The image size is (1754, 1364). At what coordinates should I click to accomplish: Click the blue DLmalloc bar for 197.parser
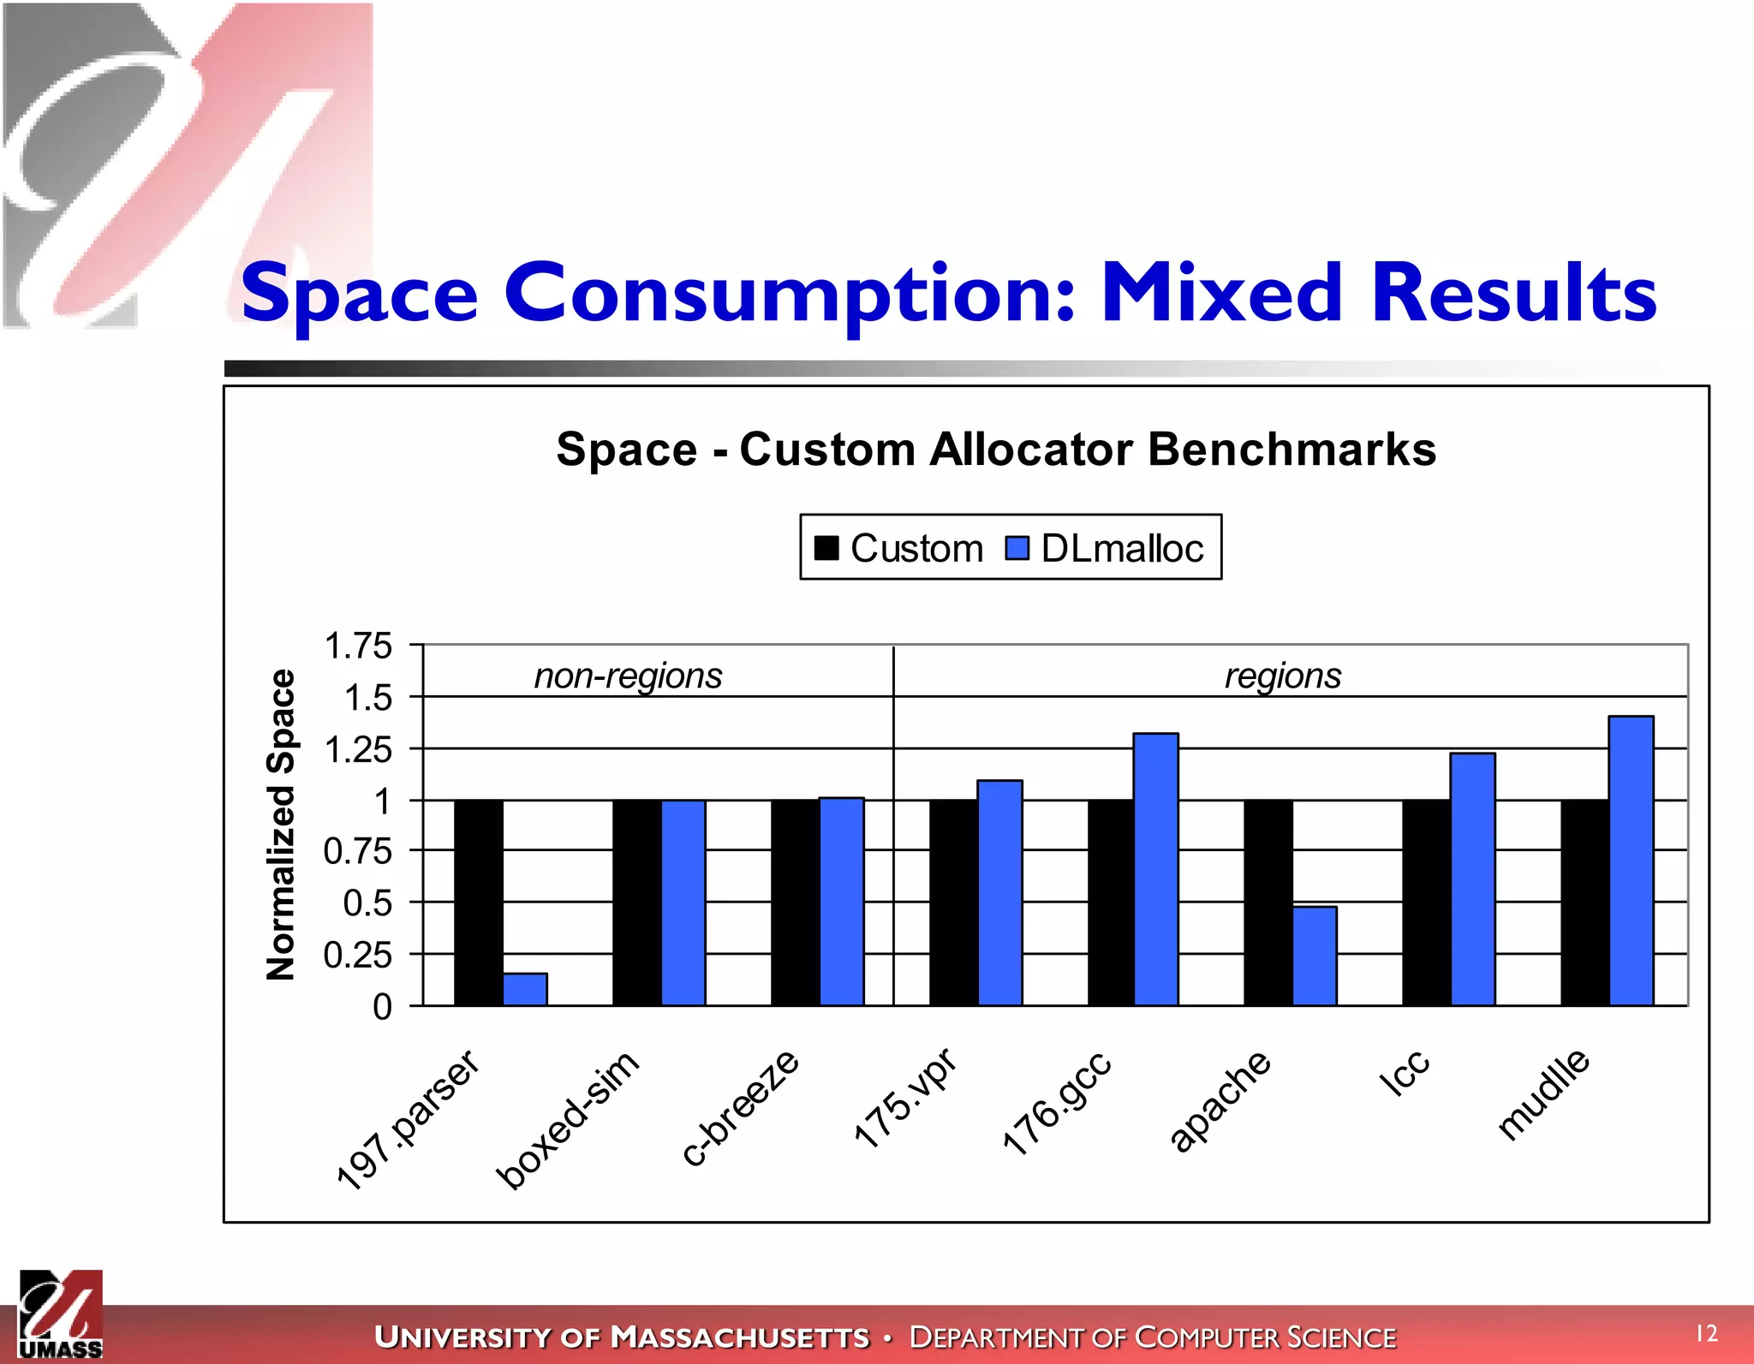[525, 989]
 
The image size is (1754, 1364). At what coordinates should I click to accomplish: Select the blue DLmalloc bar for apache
[1315, 956]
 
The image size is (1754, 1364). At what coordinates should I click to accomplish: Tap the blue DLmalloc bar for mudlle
[1632, 861]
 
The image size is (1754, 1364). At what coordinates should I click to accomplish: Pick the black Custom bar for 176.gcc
[1111, 902]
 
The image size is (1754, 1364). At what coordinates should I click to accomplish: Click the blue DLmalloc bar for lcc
[1473, 879]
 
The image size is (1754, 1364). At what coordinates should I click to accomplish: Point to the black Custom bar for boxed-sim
[636, 902]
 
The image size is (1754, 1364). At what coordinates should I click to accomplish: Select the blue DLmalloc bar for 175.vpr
[999, 892]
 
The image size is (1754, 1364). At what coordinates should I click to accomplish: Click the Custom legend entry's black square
[826, 548]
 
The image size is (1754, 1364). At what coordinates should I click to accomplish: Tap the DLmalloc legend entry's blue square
[1017, 548]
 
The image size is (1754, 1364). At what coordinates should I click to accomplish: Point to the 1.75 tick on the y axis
[358, 646]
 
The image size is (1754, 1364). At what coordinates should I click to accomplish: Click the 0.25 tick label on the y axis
[358, 955]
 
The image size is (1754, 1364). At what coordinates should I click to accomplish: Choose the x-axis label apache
[1220, 1101]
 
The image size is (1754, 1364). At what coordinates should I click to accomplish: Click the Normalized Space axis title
[281, 824]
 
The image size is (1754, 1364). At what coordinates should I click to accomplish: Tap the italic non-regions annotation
[628, 676]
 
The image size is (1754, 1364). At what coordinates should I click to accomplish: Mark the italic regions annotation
[1282, 676]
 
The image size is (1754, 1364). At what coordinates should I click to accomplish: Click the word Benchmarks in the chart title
[1292, 450]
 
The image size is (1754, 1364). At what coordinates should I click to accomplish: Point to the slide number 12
[1707, 1333]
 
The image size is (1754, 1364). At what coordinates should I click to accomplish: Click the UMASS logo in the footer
[61, 1315]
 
